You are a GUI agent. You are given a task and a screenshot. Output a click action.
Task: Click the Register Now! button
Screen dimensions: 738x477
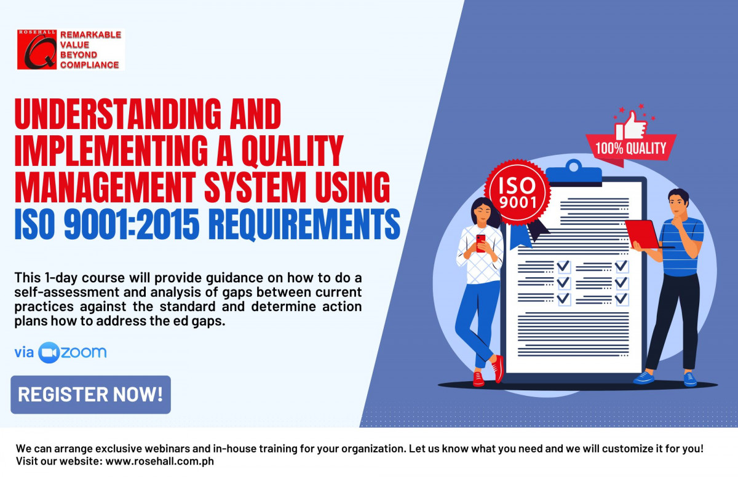point(90,395)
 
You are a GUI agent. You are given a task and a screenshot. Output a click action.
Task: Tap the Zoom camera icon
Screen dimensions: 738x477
point(49,353)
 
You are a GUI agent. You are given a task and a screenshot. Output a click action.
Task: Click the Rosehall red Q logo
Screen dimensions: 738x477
point(37,49)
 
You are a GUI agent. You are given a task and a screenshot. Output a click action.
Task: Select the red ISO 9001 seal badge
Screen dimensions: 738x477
point(517,192)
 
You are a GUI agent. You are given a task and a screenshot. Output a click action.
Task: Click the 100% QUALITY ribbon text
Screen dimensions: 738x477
point(631,148)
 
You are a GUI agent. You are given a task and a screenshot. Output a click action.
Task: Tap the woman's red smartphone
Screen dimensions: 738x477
point(481,243)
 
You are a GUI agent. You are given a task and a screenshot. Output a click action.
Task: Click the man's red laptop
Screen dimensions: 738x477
point(643,234)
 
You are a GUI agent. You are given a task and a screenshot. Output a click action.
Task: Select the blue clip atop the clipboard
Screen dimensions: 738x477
point(574,173)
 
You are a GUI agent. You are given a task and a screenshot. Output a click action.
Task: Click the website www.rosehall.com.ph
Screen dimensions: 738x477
point(160,461)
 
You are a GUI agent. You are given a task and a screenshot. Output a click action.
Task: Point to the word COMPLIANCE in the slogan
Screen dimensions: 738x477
point(90,65)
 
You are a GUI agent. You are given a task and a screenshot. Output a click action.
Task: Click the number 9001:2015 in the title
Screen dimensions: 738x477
point(132,224)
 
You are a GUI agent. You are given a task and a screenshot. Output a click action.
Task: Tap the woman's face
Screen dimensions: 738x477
point(483,215)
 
